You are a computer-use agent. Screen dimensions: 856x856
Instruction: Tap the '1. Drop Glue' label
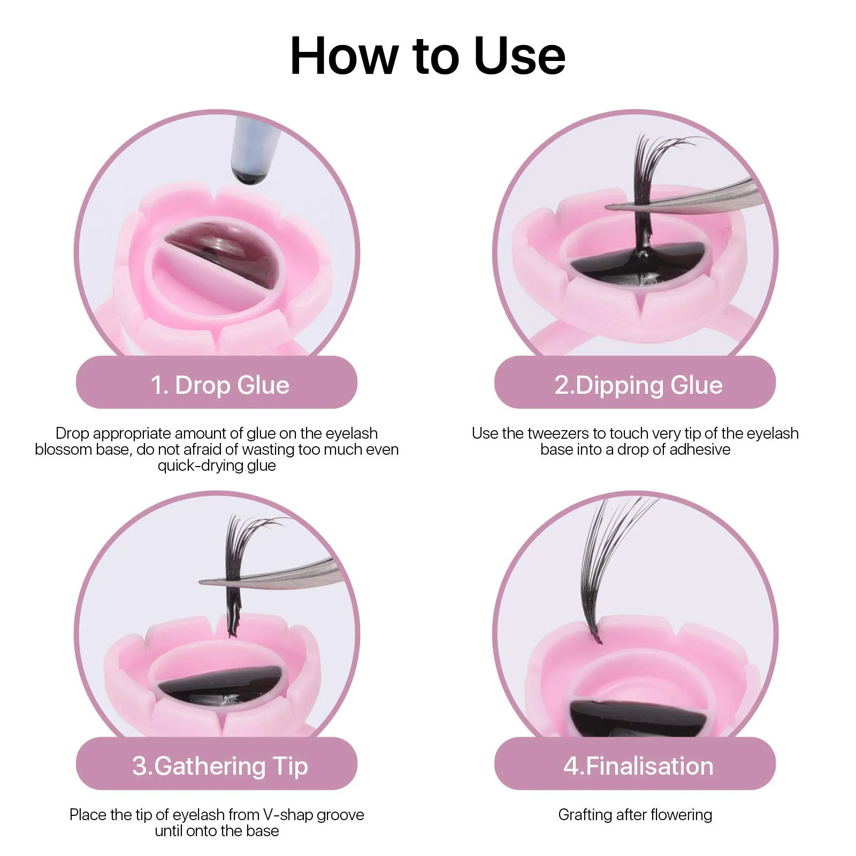(219, 385)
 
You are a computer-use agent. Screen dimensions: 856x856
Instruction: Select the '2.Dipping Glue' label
(638, 385)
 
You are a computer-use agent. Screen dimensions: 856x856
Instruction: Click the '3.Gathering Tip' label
(219, 766)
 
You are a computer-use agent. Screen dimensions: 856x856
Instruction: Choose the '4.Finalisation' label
(638, 766)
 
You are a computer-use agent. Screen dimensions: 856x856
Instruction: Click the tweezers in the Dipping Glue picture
(695, 199)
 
